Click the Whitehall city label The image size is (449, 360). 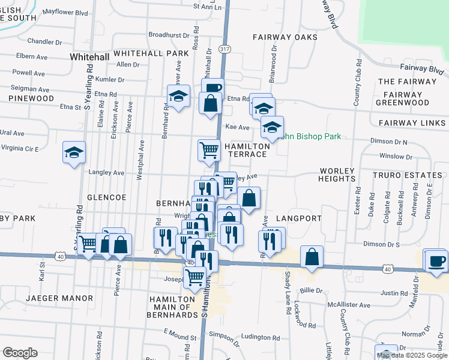tap(89, 56)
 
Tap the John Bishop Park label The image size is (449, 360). tap(311, 136)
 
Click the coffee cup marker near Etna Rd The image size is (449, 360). tap(212, 89)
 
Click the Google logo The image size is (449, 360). tap(20, 352)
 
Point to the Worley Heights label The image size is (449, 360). tap(338, 175)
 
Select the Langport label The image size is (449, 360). tap(299, 218)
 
